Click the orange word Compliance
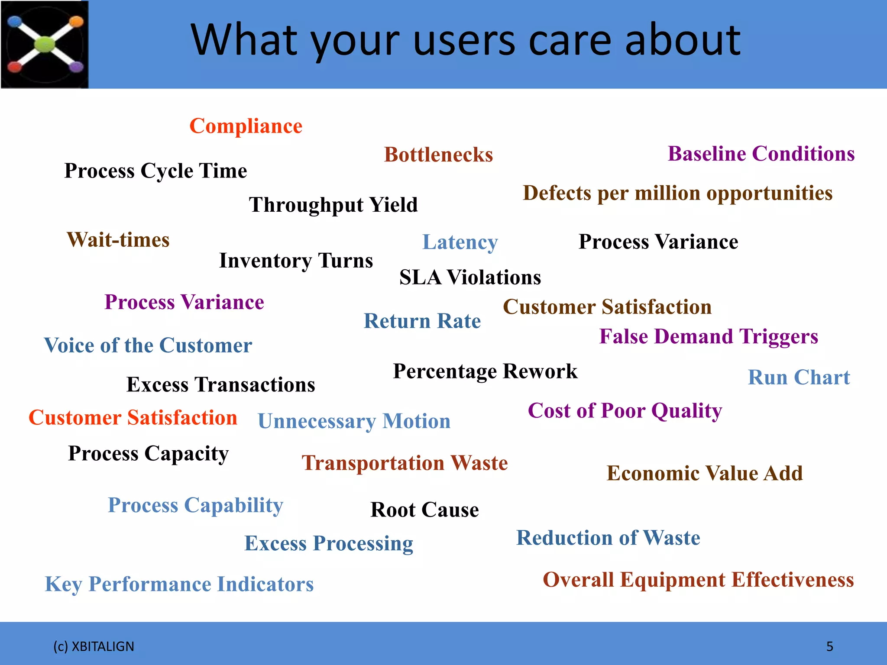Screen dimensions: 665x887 (x=246, y=126)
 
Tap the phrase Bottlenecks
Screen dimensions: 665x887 (x=438, y=155)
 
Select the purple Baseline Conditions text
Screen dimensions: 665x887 (x=761, y=154)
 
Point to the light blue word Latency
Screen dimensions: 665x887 (x=460, y=242)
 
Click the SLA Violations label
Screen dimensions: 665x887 (x=470, y=277)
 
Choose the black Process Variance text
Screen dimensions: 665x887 (x=658, y=242)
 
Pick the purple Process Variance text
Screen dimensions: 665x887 (x=184, y=302)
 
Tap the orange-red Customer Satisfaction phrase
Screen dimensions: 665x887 (x=133, y=418)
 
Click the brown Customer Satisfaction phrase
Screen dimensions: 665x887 (x=607, y=307)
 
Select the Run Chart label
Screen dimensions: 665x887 (x=799, y=377)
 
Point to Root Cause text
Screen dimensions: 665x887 (x=424, y=510)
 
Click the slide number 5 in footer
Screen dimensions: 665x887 (x=829, y=646)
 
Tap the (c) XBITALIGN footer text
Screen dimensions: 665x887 (x=94, y=646)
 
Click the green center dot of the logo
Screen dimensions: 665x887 (x=45, y=44)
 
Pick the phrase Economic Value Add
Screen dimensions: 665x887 (x=704, y=473)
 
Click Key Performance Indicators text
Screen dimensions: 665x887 (x=179, y=584)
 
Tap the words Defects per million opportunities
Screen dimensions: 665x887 (x=677, y=193)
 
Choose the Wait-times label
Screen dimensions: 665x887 (x=118, y=240)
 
